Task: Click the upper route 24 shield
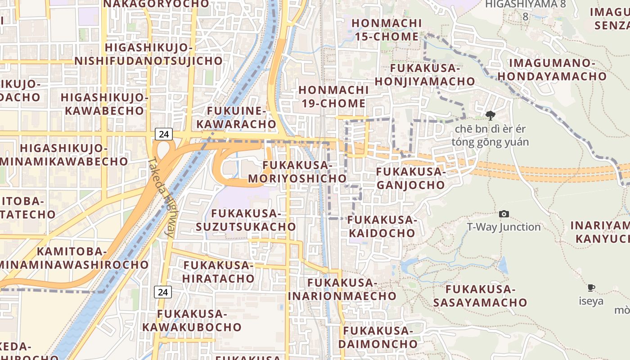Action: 163,134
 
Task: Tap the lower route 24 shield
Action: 163,292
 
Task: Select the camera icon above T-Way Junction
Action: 504,214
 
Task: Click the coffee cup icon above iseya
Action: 591,288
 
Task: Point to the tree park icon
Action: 490,116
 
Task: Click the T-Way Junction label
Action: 504,227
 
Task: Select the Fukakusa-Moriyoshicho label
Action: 297,172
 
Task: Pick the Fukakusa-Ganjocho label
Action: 410,178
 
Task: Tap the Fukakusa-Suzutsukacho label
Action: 246,220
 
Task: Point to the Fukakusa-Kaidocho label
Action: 382,226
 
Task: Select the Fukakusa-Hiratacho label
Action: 219,272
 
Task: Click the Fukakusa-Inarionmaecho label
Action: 342,289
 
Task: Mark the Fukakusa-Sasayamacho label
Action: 480,296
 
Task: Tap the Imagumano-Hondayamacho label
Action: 552,70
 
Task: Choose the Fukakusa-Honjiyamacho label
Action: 425,75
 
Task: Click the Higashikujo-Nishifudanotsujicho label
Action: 148,54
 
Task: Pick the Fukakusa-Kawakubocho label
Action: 192,320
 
